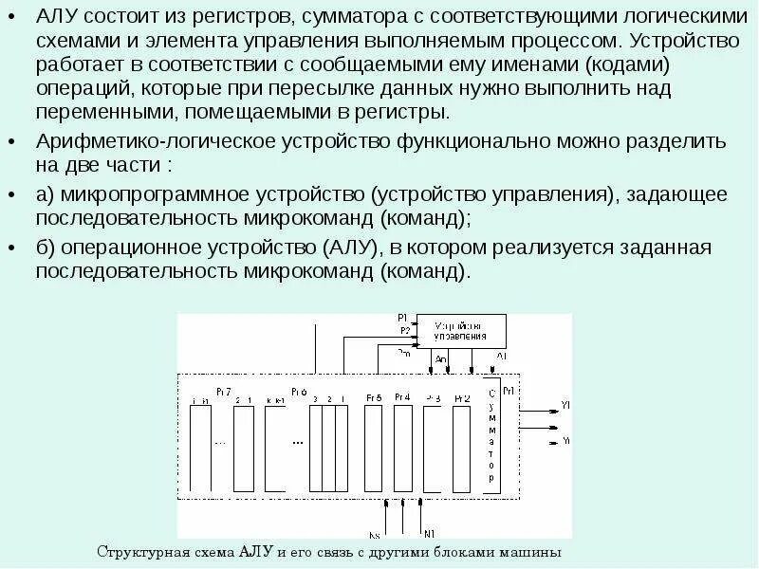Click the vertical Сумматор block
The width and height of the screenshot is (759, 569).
pos(491,435)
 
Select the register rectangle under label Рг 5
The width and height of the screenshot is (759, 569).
pos(373,447)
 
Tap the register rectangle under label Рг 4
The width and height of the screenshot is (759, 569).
pos(402,447)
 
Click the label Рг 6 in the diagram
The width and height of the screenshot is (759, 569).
pos(298,390)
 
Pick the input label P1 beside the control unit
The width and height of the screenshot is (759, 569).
pos(402,317)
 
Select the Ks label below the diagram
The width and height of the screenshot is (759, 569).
pos(374,534)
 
